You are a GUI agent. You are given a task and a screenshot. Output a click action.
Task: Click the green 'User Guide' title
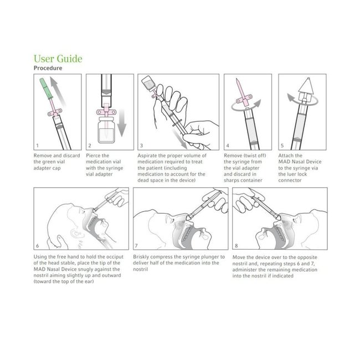[x=58, y=58]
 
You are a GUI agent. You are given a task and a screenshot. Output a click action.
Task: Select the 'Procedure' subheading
[x=48, y=68]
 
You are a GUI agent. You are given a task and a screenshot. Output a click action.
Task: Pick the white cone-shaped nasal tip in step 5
[x=302, y=84]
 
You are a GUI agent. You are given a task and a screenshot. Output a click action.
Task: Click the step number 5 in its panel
[x=282, y=146]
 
